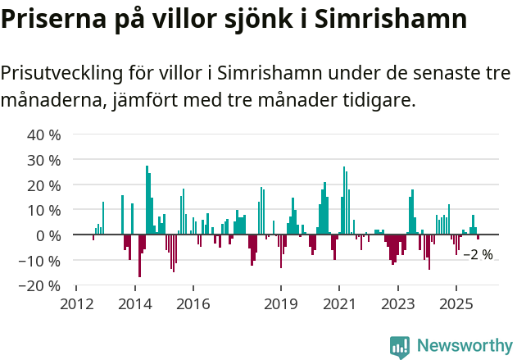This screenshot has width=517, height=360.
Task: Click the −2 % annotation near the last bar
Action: pos(478,255)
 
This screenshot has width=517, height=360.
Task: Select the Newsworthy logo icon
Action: pos(400,347)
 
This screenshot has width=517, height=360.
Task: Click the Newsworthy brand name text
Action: pos(464,347)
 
